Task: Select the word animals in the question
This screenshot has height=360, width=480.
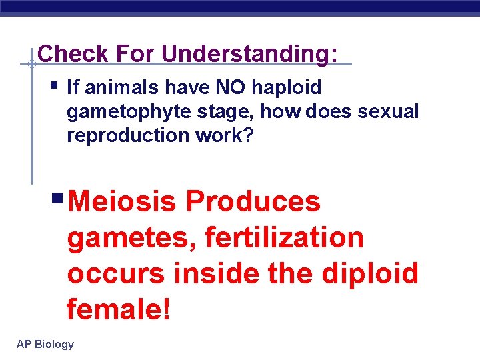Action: pos(113,87)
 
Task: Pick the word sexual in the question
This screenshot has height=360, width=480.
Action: pos(388,111)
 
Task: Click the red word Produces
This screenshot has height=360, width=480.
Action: pos(253,201)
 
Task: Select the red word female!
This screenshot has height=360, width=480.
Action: pos(119,309)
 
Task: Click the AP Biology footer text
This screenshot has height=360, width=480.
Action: pos(45,344)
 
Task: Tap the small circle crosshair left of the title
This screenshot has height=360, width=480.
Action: pos(31,65)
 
